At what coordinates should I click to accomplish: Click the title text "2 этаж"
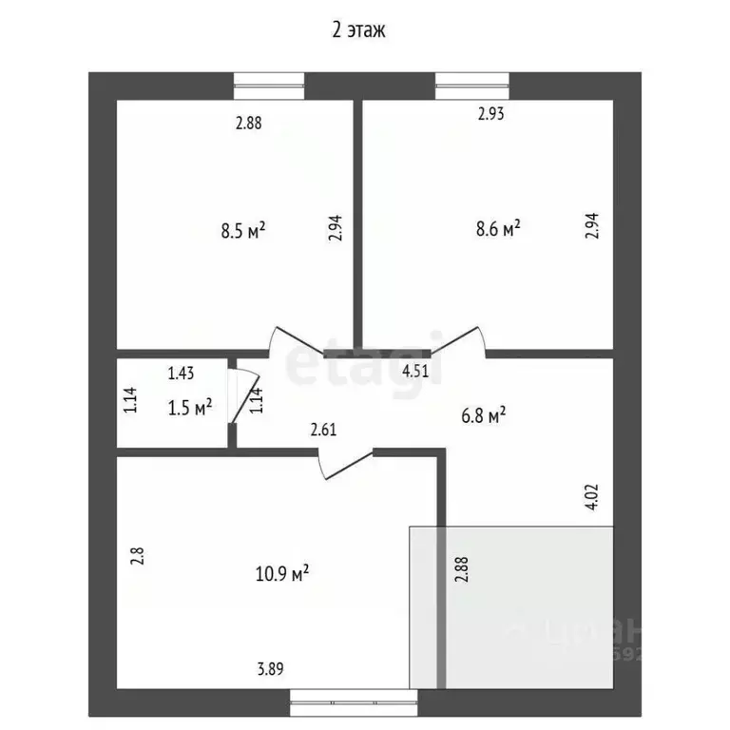[357, 29]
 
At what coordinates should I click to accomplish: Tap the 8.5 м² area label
[242, 229]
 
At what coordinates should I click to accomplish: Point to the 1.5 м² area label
[190, 408]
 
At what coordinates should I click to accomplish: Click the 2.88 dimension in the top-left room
[248, 122]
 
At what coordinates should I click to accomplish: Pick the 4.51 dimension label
[416, 371]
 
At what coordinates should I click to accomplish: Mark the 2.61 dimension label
[324, 429]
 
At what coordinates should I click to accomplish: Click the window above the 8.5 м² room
[269, 86]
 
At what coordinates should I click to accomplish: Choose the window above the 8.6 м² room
[473, 86]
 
